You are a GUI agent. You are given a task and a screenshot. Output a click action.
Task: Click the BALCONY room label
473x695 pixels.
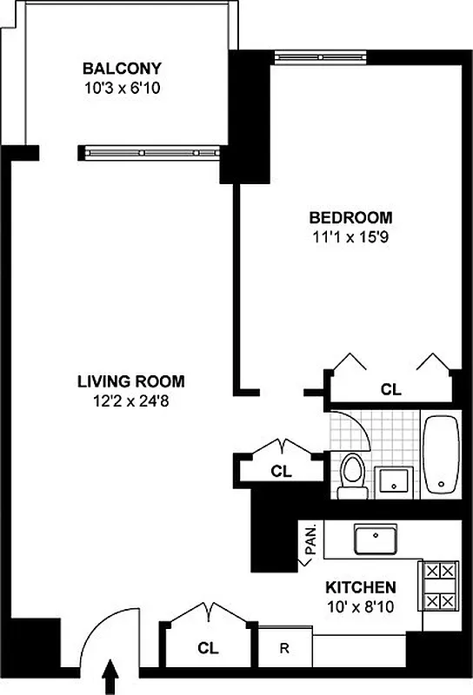click(x=122, y=68)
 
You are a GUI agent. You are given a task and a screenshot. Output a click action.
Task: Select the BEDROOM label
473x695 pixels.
click(x=350, y=217)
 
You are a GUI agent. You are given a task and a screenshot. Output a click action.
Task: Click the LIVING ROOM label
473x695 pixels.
click(x=130, y=381)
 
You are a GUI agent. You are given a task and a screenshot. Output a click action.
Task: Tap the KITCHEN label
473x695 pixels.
click(x=361, y=587)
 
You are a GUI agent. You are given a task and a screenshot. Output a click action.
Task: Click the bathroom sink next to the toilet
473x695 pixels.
click(x=395, y=480)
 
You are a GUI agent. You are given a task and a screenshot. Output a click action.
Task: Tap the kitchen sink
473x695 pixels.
click(x=376, y=539)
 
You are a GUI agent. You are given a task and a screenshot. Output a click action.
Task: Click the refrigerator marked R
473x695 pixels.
click(x=284, y=647)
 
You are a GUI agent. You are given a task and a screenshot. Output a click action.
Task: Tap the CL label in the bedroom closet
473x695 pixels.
click(x=391, y=390)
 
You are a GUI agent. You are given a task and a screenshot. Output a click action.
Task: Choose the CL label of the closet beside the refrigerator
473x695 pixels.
click(x=207, y=647)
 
